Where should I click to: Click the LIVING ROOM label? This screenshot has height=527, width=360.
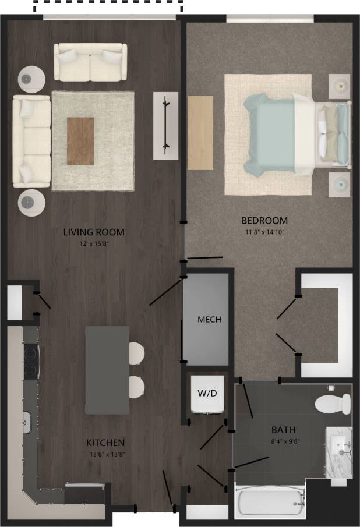tap(94, 232)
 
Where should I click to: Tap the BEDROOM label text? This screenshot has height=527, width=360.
tap(265, 221)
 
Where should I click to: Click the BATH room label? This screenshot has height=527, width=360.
tap(283, 430)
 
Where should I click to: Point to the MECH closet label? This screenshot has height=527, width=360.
tap(209, 320)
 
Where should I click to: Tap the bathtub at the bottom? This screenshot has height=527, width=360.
tap(270, 502)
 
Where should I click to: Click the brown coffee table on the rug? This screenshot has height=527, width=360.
tap(80, 141)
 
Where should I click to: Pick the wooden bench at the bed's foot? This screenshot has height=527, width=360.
tap(200, 133)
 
